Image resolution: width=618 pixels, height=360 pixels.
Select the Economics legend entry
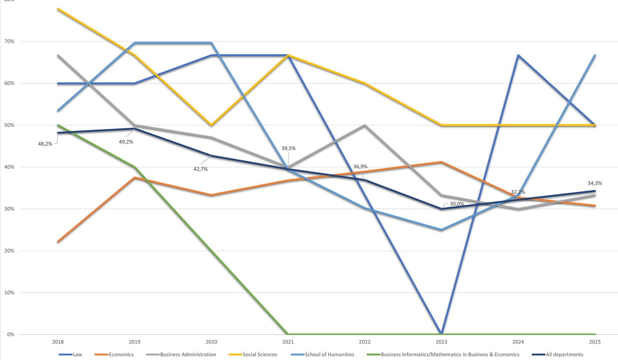coord(121,354)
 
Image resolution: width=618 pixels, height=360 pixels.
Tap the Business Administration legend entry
coord(188,354)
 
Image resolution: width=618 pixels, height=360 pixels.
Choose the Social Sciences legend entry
coord(260,354)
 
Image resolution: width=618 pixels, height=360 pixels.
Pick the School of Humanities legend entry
coord(329,354)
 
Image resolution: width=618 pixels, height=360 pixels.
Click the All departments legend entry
coord(564,354)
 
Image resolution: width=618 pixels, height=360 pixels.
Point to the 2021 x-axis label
coord(288,342)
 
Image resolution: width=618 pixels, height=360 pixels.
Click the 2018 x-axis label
coord(58,342)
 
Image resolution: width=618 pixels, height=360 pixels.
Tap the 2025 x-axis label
coord(595,342)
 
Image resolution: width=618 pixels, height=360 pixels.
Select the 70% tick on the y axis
coord(9,42)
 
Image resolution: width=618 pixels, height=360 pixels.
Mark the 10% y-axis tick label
coord(9,293)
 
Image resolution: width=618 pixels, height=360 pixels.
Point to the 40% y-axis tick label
coord(9,167)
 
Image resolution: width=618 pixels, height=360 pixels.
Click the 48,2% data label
coord(45,144)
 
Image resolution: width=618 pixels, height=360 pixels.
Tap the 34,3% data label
coord(594,183)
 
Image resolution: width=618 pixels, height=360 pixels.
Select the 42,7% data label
coord(200,169)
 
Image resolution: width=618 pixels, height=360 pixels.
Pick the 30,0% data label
coord(457,204)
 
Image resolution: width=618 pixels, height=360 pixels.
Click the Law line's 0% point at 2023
coord(441,334)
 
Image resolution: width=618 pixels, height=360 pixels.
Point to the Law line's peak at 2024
coord(518,55)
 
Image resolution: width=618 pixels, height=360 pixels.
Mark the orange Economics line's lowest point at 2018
coord(58,242)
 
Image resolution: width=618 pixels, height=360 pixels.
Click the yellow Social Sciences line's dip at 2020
coord(211,125)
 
